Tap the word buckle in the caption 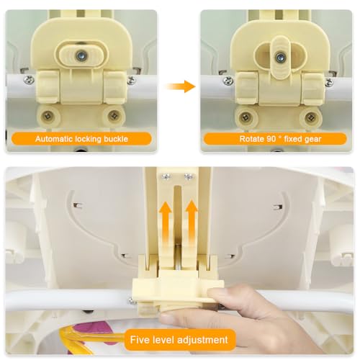click(116, 139)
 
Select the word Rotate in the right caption click(251, 139)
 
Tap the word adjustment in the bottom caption click(203, 341)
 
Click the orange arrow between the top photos click(181, 86)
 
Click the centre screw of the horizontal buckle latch click(81, 56)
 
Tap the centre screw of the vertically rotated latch click(279, 58)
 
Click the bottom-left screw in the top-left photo click(48, 117)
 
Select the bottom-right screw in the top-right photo click(310, 117)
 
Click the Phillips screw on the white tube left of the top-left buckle click(29, 80)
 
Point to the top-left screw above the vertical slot click(166, 177)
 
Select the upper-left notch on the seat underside click(78, 205)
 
